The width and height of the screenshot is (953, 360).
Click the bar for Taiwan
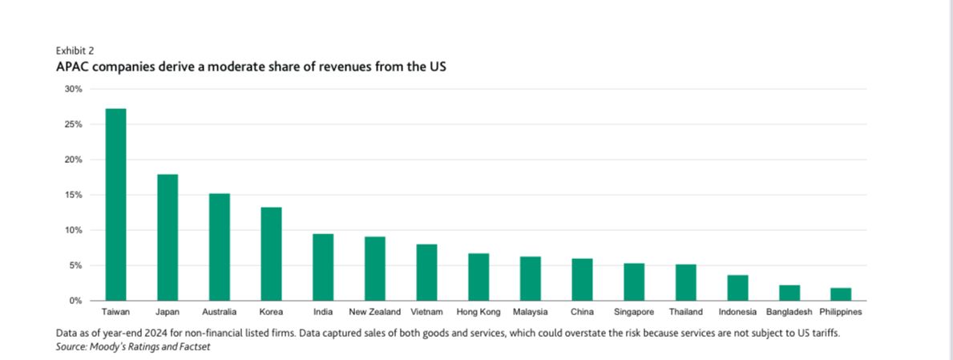click(x=115, y=204)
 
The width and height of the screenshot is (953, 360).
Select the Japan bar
click(x=168, y=237)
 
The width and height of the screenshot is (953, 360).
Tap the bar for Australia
click(x=220, y=247)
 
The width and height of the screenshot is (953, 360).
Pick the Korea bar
click(x=271, y=253)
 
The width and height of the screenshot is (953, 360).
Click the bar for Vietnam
click(x=426, y=273)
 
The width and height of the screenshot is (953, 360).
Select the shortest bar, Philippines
click(x=841, y=294)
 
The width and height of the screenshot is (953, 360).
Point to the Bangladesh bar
click(x=789, y=293)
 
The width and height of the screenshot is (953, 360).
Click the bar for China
click(x=582, y=280)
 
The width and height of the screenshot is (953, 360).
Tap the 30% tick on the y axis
click(x=73, y=89)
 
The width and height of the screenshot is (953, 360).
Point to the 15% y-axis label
click(x=73, y=195)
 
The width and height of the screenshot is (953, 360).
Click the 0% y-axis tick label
click(x=75, y=301)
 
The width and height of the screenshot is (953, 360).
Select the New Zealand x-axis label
click(x=374, y=312)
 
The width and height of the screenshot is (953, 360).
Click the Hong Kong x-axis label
click(x=478, y=312)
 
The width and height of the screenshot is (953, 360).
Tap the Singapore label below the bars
click(x=634, y=312)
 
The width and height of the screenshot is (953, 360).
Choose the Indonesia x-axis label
click(x=737, y=312)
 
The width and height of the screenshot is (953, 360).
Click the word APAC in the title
click(x=74, y=67)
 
